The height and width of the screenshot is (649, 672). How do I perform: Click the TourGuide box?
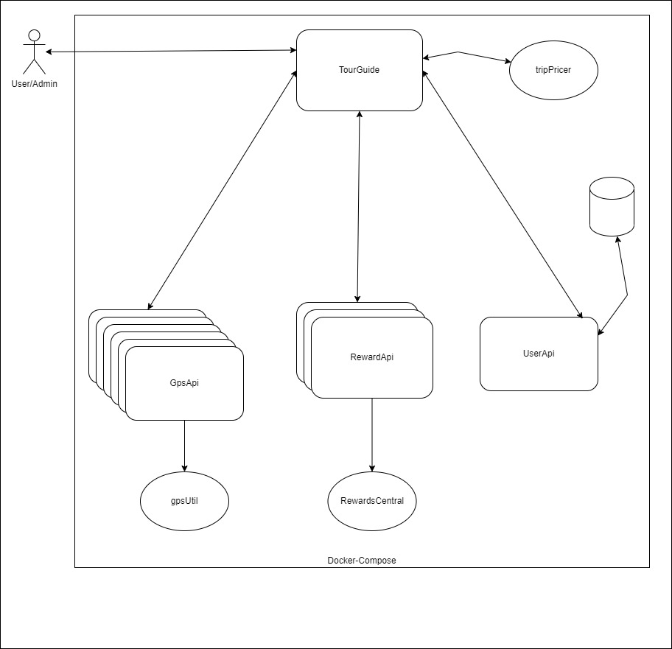[359, 70]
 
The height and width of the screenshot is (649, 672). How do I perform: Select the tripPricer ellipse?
[553, 70]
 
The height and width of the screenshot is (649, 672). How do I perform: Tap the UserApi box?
[539, 354]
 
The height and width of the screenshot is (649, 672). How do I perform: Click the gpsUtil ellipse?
[184, 501]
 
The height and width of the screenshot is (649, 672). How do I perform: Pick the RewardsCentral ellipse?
[372, 501]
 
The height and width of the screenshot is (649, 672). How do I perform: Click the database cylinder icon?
[612, 206]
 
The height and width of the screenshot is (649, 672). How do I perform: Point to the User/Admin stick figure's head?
[35, 35]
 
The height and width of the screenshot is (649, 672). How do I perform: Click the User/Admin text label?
[35, 84]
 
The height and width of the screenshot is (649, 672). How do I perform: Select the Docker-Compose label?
[362, 561]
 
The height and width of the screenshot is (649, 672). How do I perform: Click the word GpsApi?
[184, 383]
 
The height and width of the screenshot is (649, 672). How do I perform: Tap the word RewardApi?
[371, 357]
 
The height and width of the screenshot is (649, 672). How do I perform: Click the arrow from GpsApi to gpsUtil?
[185, 446]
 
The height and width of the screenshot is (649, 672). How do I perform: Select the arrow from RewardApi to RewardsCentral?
[372, 435]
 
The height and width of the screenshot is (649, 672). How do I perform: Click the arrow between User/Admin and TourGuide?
[171, 51]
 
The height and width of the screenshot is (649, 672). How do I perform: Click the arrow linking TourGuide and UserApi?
[503, 194]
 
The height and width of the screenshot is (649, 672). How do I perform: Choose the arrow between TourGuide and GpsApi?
[222, 190]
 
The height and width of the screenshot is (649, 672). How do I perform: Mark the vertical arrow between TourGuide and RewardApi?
[358, 207]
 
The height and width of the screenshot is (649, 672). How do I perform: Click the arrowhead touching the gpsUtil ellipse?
[185, 469]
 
